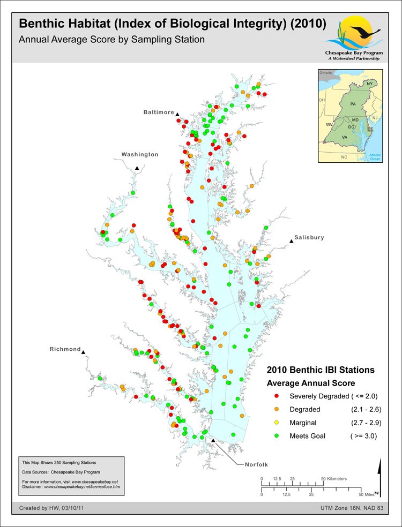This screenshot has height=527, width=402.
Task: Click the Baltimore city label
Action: pyautogui.click(x=158, y=112)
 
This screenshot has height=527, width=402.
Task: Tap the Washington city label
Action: pyautogui.click(x=139, y=154)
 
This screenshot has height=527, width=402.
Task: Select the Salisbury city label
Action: pyautogui.click(x=309, y=237)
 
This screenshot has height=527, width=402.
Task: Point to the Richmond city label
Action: pyautogui.click(x=65, y=349)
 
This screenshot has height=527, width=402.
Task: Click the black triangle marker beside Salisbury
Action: pyautogui.click(x=292, y=242)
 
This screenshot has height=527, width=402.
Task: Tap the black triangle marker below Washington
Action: pyautogui.click(x=137, y=168)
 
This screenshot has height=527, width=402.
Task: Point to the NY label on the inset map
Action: pyautogui.click(x=370, y=84)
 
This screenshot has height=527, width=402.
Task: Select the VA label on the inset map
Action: pyautogui.click(x=345, y=137)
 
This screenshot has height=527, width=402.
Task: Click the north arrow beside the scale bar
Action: pyautogui.click(x=379, y=477)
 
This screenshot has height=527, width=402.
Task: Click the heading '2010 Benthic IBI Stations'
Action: pyautogui.click(x=321, y=370)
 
